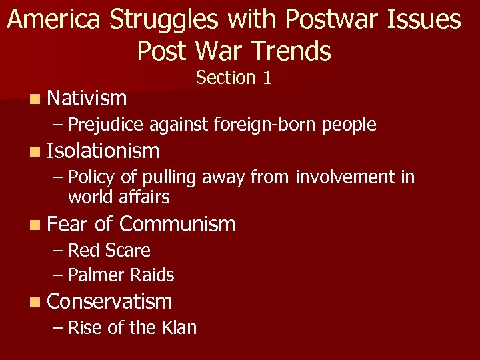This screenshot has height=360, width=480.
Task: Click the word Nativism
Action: click(x=87, y=99)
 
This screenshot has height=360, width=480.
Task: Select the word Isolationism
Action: click(x=103, y=151)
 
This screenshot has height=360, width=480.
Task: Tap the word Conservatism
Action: click(x=110, y=301)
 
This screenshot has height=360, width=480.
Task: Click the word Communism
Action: click(x=177, y=224)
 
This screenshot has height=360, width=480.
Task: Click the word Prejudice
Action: click(x=106, y=125)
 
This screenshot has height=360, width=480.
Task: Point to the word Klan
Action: click(x=179, y=327)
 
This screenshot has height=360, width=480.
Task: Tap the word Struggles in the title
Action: click(x=164, y=20)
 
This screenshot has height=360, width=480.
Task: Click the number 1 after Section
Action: click(x=267, y=78)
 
